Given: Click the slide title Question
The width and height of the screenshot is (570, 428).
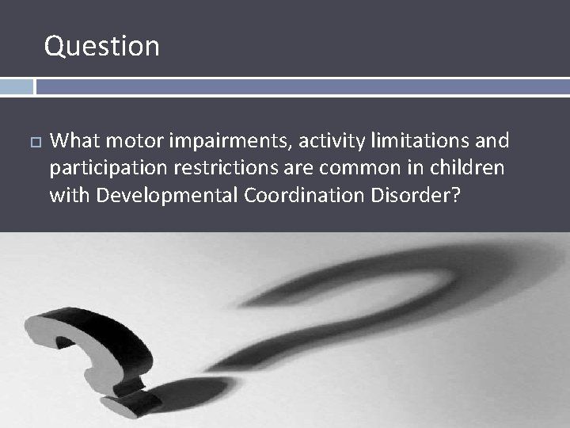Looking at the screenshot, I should click(x=102, y=46).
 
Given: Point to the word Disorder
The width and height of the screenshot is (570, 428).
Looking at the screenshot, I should click(x=420, y=196).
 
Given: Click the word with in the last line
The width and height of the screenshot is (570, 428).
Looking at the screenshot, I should click(x=70, y=196).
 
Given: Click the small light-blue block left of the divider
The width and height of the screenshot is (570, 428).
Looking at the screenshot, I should click(x=17, y=86).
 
